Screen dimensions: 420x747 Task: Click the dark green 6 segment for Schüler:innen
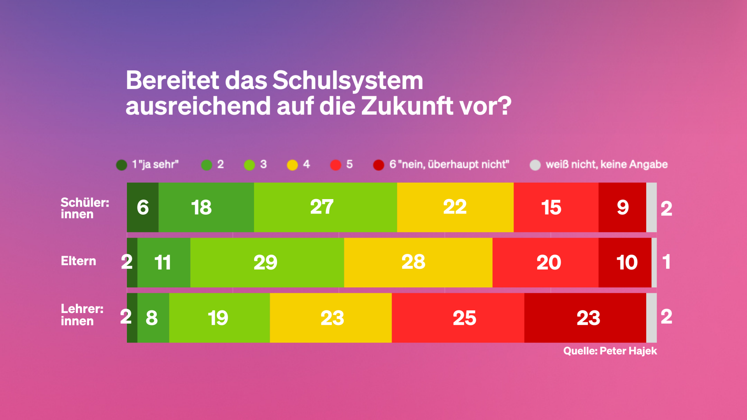coord(142,207)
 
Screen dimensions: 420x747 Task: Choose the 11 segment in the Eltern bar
coord(163,262)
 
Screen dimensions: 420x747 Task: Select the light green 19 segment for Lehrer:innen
coord(219,318)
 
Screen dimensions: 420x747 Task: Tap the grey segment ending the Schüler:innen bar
coord(651,207)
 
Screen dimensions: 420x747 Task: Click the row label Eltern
coord(78,261)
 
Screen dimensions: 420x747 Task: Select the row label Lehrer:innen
coord(82,315)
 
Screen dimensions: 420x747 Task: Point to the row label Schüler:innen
coord(84,208)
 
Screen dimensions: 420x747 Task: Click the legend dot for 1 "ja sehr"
coord(122,165)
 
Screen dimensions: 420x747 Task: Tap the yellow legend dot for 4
coord(292,165)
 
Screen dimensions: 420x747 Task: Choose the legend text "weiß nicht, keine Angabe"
coord(607,164)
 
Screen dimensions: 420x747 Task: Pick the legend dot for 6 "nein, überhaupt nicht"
coord(379,165)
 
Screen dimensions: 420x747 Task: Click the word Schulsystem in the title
coord(347,80)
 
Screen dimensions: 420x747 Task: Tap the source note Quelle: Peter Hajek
coord(610,351)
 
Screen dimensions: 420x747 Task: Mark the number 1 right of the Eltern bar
coord(666,262)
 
